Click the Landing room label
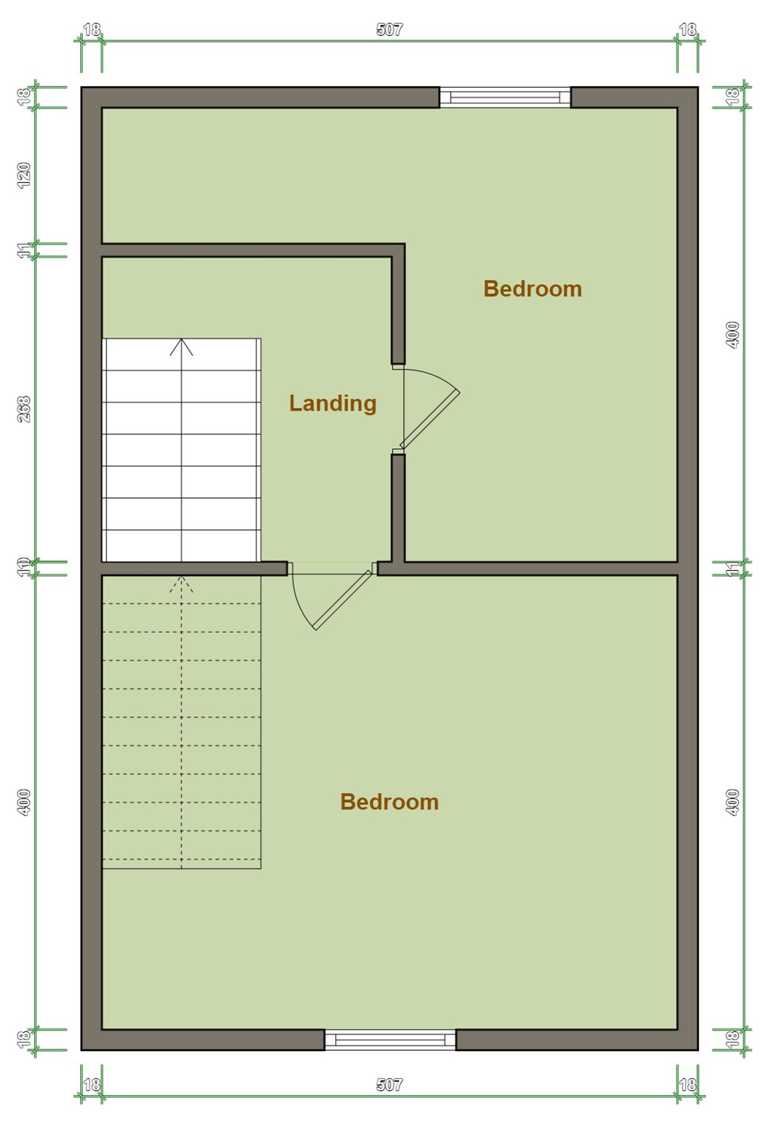333,403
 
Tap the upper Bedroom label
532,289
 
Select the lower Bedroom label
389,802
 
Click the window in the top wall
505,97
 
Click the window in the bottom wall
390,1040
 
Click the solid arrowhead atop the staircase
182,346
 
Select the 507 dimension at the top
389,30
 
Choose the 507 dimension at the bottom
389,1085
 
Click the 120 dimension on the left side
24,175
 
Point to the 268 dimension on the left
24,409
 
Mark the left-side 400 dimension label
24,802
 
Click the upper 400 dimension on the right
732,334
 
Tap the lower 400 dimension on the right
732,802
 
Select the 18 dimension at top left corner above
92,30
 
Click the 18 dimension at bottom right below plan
687,1085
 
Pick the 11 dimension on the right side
732,568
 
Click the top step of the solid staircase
182,355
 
